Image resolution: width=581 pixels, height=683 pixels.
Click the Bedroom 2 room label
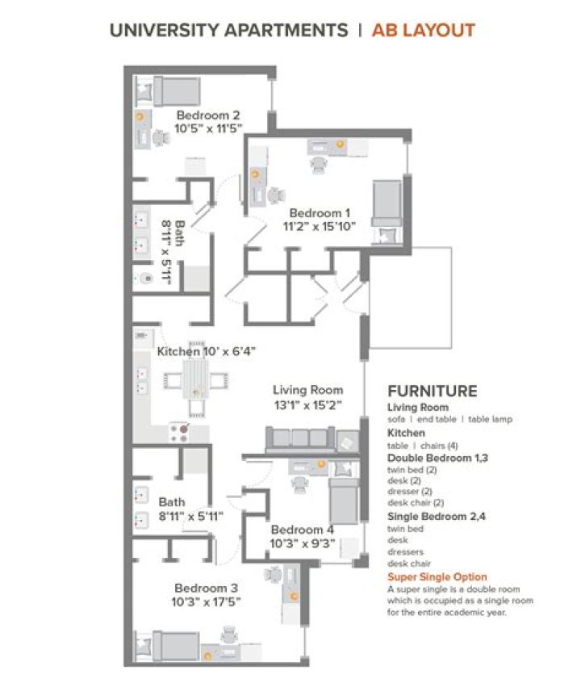coord(208,115)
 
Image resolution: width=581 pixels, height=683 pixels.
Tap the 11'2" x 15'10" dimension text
coord(320,227)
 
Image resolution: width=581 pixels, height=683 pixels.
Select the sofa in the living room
coord(300,439)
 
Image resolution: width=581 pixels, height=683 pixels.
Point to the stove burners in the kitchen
coord(179,433)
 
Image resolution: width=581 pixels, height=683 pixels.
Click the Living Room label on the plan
coord(307,390)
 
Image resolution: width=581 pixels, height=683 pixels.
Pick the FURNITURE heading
coord(432,391)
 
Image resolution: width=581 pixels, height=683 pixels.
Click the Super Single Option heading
coord(437,576)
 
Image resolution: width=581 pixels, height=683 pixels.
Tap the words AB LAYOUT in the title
coord(423,30)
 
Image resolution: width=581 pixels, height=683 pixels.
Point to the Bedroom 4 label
coord(303,530)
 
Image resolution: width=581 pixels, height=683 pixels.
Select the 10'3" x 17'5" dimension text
coord(206,602)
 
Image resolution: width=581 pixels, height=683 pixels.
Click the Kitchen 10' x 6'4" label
coord(206,351)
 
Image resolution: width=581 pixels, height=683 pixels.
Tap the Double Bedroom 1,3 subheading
coord(437,458)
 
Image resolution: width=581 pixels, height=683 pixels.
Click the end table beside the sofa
coord(348,442)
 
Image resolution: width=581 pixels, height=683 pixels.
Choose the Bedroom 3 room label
coord(206,588)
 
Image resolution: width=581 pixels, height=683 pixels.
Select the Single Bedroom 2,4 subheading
coord(437,517)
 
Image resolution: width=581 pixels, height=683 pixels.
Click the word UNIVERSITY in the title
coord(165,30)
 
